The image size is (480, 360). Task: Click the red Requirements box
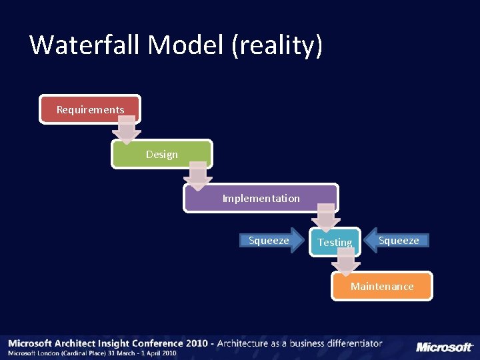[90, 109]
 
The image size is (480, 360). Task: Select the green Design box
[161, 154]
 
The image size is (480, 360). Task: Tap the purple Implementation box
[261, 198]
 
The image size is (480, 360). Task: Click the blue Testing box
[335, 242]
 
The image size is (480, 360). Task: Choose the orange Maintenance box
[382, 286]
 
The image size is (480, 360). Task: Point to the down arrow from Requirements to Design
[126, 129]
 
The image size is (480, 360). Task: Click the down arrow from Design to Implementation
[197, 174]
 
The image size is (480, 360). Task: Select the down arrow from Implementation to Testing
[326, 217]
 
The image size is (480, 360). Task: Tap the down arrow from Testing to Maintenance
[346, 261]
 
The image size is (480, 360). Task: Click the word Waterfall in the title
[85, 45]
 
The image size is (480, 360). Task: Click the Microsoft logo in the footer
[445, 347]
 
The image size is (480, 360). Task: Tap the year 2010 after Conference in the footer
[197, 343]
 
